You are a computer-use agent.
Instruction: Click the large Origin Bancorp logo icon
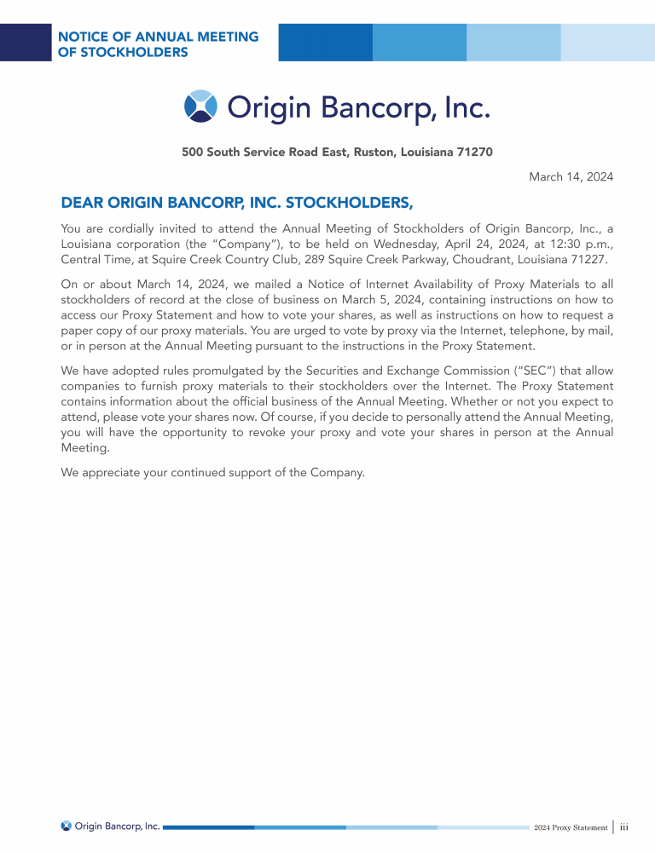coord(201,106)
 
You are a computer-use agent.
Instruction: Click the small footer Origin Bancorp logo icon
coord(67,826)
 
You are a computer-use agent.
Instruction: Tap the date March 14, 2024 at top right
coord(571,176)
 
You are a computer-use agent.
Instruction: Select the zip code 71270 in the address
coord(475,153)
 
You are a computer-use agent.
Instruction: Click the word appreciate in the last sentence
coord(116,473)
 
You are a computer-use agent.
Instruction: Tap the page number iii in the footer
coord(624,826)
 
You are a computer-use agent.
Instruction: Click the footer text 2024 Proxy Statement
coord(571,827)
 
